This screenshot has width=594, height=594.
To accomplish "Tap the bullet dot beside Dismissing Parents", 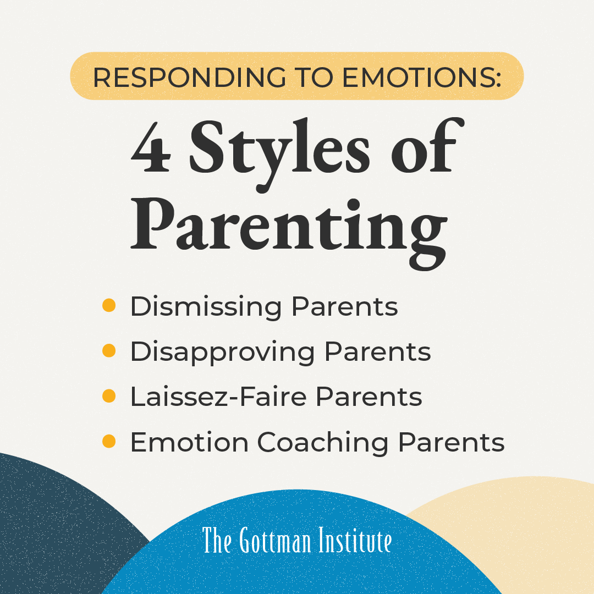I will coord(109,306).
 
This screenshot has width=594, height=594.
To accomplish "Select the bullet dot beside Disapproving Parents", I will coord(109,351).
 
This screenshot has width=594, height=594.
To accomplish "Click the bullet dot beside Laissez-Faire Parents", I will coord(109,396).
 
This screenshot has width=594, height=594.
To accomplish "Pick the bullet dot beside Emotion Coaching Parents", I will coord(109,441).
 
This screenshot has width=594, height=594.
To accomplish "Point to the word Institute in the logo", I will coord(355,541).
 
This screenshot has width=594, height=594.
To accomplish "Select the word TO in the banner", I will coord(313,78).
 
